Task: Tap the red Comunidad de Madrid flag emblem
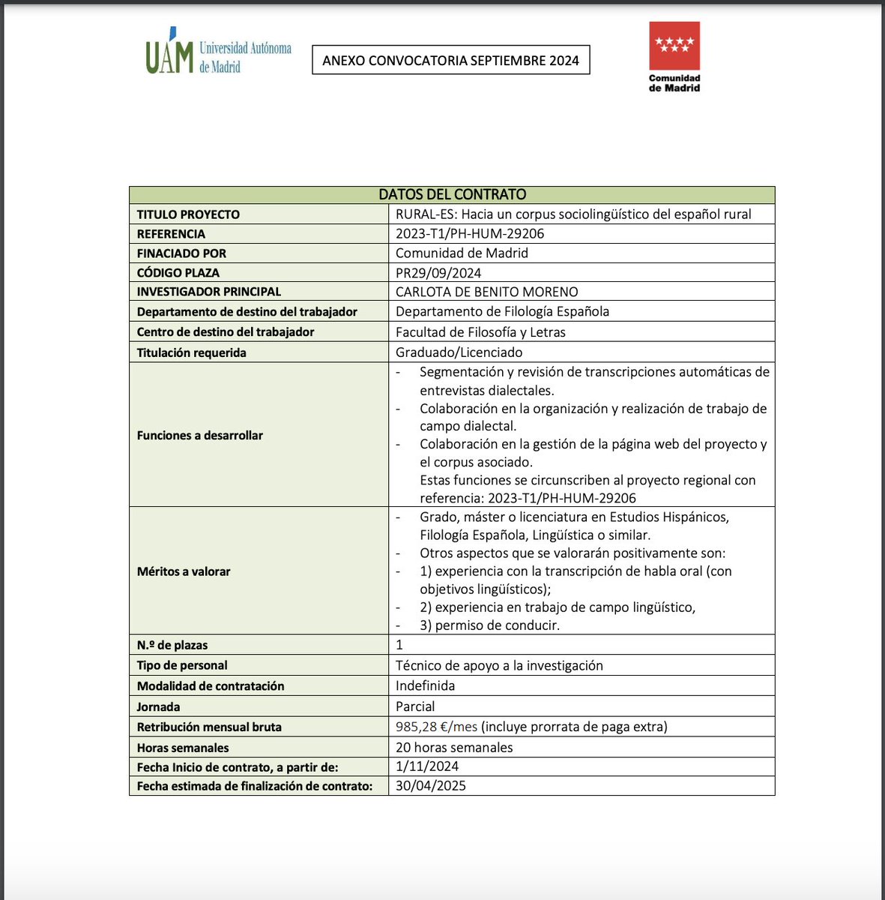674,46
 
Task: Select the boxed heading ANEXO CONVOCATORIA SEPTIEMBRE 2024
450,61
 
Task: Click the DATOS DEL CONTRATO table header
452,195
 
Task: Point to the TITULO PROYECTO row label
188,214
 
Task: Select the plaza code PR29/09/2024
438,273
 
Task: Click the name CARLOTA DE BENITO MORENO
486,292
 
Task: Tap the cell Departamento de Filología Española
502,311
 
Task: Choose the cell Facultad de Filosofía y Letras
480,331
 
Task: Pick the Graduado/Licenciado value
459,352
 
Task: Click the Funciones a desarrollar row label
199,435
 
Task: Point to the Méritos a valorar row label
184,571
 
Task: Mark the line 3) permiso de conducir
489,625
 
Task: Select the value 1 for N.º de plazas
399,644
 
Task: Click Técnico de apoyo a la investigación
499,665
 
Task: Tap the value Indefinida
425,685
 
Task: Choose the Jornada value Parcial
415,706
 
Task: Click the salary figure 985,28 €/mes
436,727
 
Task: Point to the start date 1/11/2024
427,766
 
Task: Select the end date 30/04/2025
430,786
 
